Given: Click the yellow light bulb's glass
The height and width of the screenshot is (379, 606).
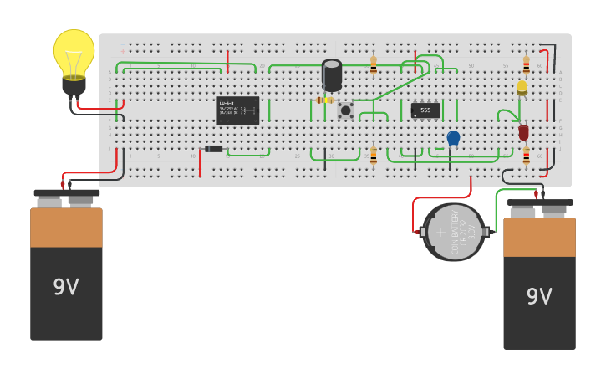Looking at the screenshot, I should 74,52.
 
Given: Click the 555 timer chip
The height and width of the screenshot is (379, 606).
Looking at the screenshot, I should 425,110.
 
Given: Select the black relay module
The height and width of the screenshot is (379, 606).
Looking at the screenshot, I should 237,110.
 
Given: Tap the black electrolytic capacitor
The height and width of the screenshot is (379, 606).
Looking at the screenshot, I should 332,74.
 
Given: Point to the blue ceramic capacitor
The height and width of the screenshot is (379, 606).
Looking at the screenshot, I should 453,137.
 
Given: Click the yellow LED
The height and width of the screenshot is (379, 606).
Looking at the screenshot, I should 522,86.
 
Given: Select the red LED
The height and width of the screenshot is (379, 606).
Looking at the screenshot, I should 523,132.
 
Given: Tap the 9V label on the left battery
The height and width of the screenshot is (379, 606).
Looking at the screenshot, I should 66,287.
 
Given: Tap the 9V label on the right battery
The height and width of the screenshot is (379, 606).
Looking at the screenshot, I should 539,296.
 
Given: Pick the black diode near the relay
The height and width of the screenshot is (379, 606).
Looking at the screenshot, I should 214,149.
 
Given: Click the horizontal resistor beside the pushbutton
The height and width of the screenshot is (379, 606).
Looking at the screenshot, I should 324,100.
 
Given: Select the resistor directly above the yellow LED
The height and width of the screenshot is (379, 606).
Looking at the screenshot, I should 526,64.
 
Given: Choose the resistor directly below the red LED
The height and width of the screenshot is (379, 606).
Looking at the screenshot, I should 526,156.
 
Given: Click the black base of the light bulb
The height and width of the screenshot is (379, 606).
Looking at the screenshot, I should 74,85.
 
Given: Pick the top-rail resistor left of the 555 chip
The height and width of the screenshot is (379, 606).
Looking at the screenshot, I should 373,64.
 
